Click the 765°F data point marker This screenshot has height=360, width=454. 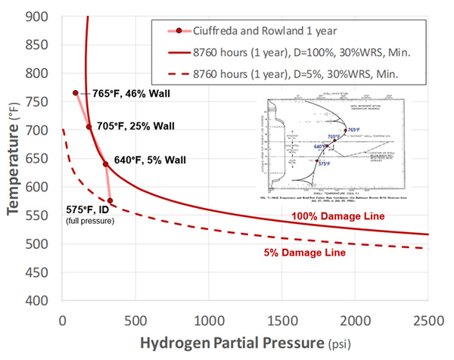(x=76, y=93)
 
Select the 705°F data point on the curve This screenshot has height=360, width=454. (x=89, y=127)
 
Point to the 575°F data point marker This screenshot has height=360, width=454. (x=110, y=200)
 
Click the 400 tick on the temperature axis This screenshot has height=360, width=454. (x=39, y=299)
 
